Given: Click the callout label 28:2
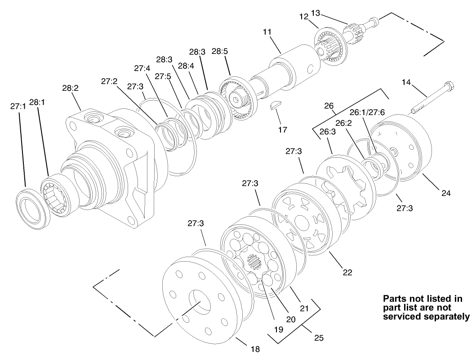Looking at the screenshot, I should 71,89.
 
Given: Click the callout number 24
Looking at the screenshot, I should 446,193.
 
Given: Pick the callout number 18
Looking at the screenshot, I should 255,349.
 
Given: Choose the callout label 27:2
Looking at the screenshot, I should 109,81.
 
